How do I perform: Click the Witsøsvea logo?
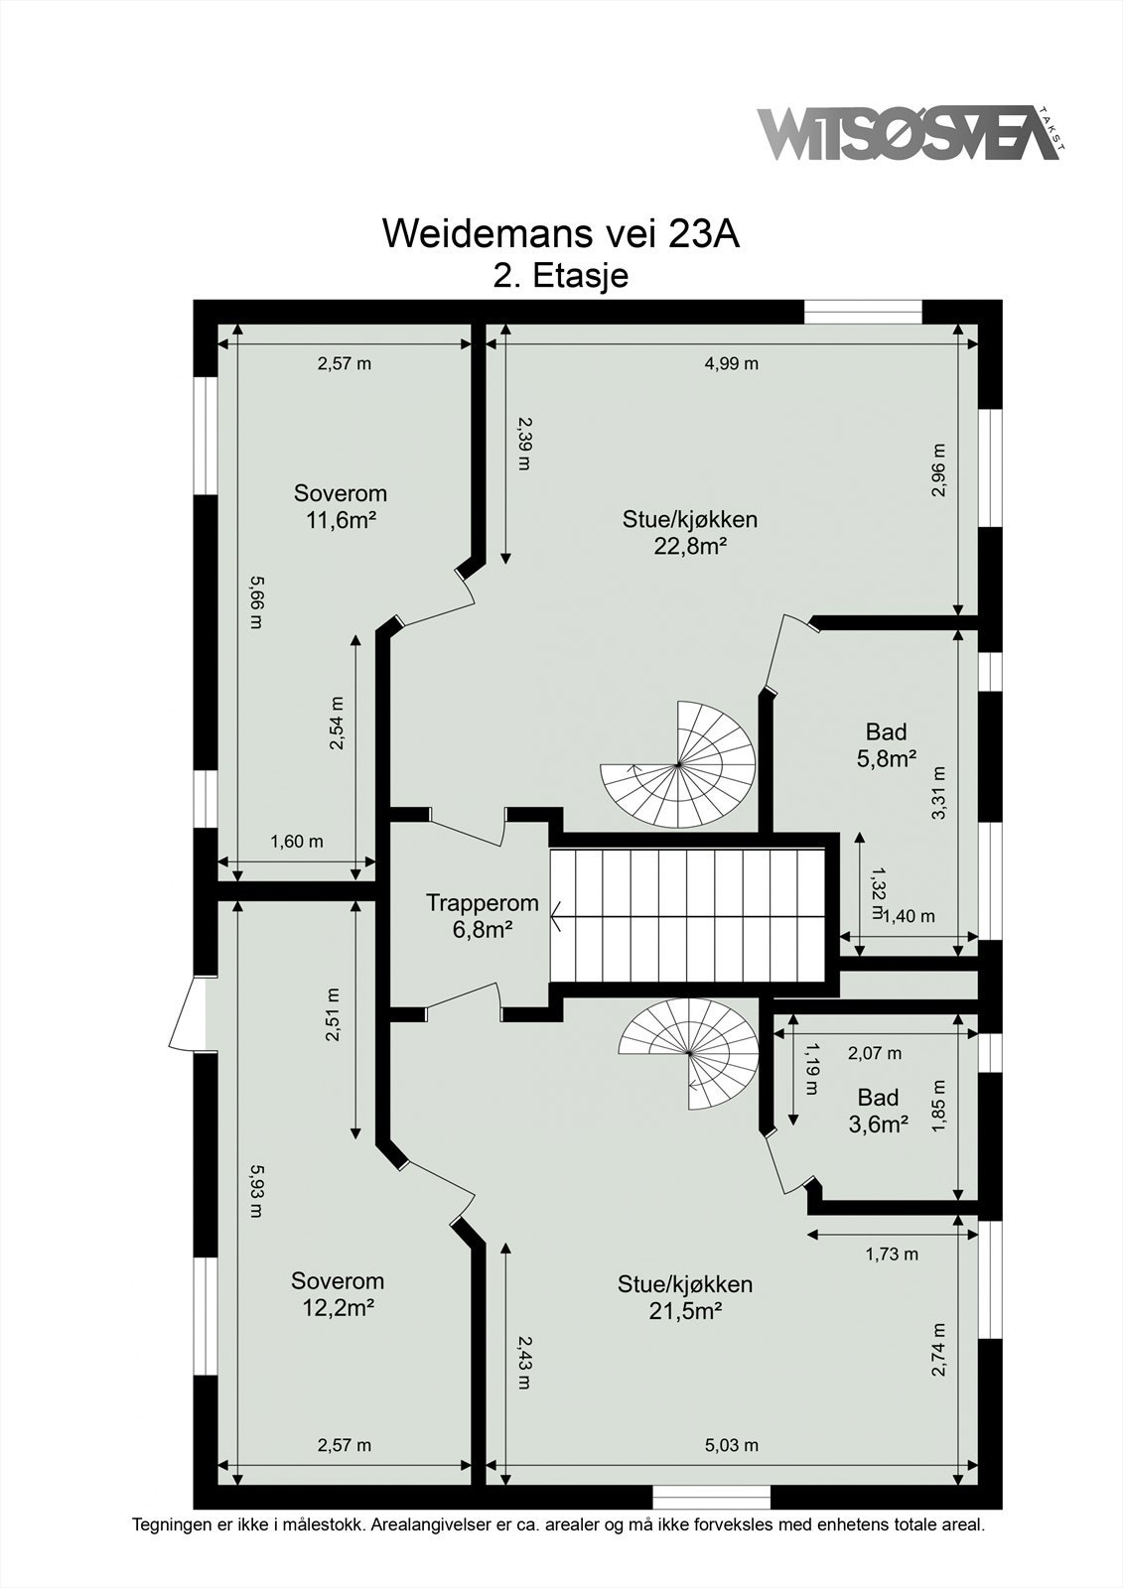912,133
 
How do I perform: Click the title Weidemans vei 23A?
561,233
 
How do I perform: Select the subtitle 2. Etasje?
561,276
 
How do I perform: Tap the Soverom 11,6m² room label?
341,506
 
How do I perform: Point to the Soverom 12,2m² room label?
338,1294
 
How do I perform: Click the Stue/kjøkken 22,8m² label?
690,532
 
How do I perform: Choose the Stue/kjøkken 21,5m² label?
685,1297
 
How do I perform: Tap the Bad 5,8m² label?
886,744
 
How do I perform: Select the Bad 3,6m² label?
879,1111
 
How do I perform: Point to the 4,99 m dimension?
732,363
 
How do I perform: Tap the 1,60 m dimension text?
297,842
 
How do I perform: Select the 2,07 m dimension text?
875,1053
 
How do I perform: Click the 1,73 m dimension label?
892,1255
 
